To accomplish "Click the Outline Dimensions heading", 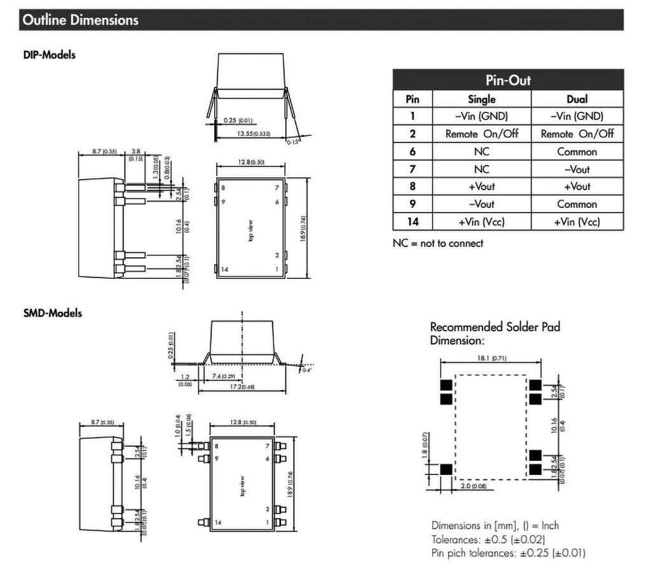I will click(80, 20).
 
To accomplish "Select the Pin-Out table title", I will click(508, 81).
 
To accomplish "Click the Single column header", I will click(481, 99).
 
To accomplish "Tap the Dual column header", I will click(577, 99).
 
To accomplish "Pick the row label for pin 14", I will click(412, 222).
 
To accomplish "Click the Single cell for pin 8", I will click(481, 187).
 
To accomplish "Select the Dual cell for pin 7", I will click(577, 170).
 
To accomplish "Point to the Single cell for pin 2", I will click(481, 134).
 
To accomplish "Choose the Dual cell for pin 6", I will click(577, 152).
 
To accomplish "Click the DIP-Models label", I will click(49, 55).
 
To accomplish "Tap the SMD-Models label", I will click(52, 313).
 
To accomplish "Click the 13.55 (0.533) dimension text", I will click(253, 134).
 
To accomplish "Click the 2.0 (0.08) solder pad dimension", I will click(472, 487).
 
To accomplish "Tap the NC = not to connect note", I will click(437, 243).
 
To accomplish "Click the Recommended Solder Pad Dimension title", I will click(495, 333).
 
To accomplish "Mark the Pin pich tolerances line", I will click(508, 552).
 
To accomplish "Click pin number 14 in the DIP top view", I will click(224, 269).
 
